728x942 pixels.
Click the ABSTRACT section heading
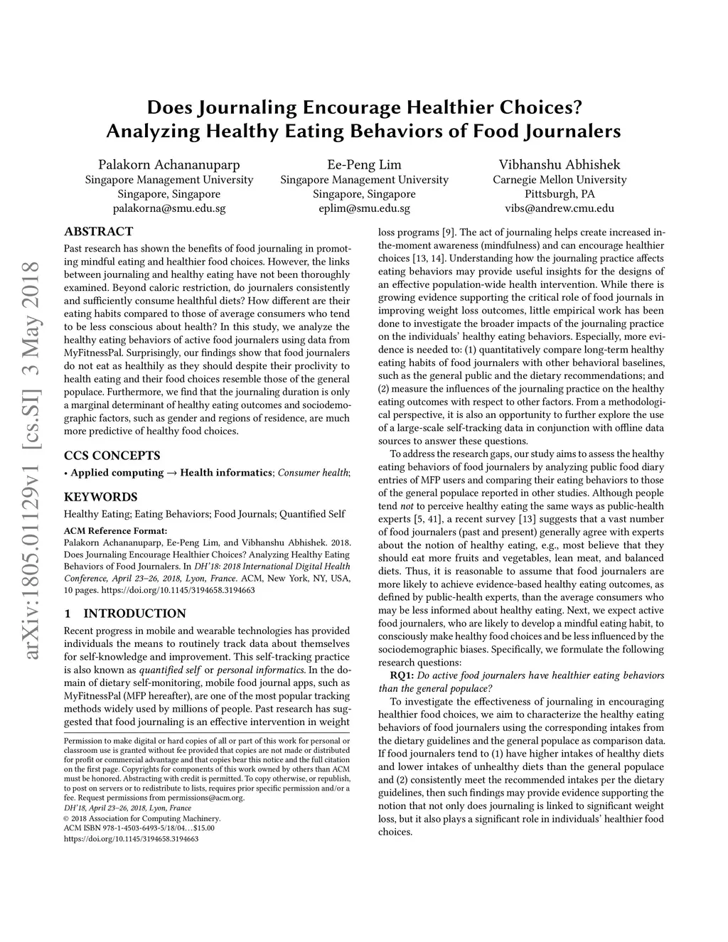point(98,232)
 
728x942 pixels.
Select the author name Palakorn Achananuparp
point(169,164)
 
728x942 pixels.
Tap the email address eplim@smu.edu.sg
point(364,209)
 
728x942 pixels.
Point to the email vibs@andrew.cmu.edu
point(560,209)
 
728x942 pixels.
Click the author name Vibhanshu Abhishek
point(560,164)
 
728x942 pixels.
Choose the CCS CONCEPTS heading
point(112,456)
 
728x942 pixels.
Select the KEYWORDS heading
point(100,497)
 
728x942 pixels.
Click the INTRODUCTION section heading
point(134,614)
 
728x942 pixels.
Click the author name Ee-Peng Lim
point(364,164)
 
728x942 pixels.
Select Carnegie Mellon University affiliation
point(560,180)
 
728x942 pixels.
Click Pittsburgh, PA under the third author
point(560,194)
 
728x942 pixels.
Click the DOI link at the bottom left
point(131,839)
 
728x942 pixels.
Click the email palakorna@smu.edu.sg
point(169,209)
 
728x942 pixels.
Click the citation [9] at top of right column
point(449,232)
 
